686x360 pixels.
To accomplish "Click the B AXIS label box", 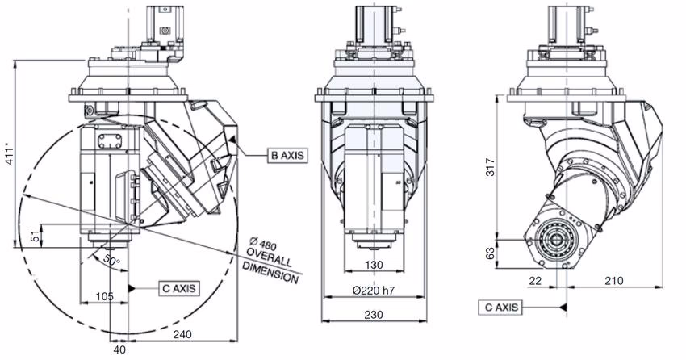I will (287, 154).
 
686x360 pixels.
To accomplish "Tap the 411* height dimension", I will (9, 156).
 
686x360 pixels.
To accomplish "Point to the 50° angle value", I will (111, 260).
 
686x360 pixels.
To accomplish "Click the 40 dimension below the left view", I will (119, 350).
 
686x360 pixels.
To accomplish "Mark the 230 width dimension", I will (372, 316).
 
